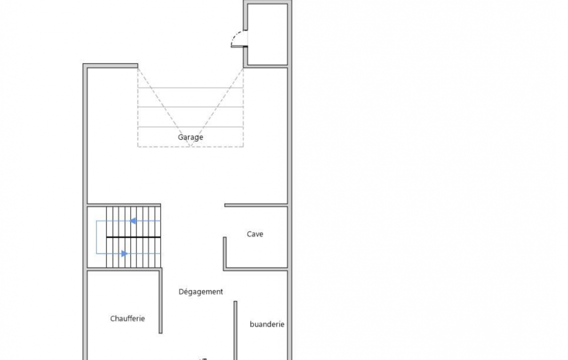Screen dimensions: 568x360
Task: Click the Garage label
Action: coord(190,137)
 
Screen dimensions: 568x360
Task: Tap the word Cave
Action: coord(255,234)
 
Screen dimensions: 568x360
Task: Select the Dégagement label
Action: coord(201,292)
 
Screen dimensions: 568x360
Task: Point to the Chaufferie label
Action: coord(127,318)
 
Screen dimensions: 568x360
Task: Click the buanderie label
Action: coord(267,325)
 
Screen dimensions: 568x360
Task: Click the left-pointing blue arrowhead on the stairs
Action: coord(133,221)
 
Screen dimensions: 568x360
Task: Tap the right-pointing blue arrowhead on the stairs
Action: coord(124,254)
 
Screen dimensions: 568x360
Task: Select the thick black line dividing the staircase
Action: coord(134,237)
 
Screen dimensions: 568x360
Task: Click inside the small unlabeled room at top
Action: coord(268,34)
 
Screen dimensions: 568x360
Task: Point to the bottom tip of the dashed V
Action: coord(190,146)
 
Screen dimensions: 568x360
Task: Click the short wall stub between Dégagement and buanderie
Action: coord(236,330)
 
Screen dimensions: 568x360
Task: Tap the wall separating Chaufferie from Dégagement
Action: coord(161,301)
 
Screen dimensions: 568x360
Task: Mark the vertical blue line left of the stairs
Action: coord(96,237)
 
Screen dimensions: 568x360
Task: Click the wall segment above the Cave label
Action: coord(256,205)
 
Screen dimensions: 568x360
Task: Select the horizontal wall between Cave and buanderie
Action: coord(256,269)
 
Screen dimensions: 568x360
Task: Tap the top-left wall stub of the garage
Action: coord(110,65)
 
